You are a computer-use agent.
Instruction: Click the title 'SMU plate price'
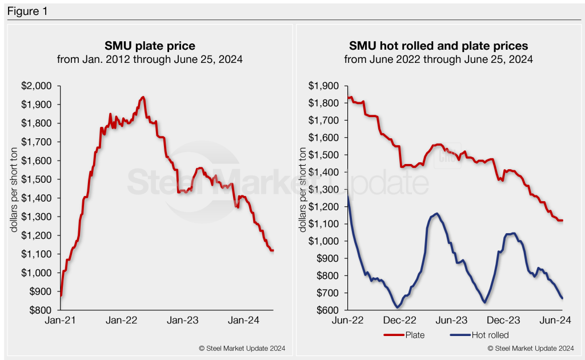[150, 45]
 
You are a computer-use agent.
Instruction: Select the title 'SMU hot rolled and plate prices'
[438, 45]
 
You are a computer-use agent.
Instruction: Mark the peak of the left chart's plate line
[143, 97]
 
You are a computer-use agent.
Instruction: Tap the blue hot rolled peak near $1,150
[437, 214]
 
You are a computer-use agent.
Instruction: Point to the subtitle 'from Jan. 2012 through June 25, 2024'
[150, 59]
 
